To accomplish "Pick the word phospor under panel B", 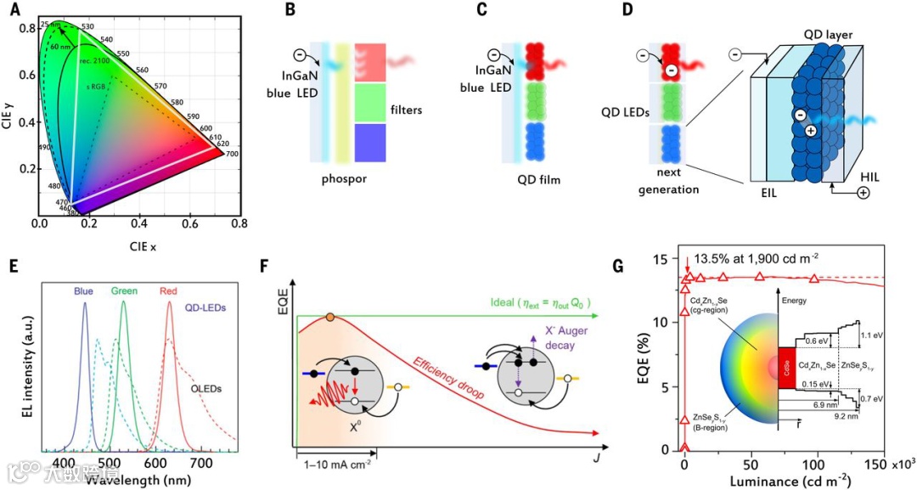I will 344,180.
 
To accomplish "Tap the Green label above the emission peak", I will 124,291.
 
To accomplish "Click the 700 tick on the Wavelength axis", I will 201,462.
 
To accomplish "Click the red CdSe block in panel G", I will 787,367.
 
